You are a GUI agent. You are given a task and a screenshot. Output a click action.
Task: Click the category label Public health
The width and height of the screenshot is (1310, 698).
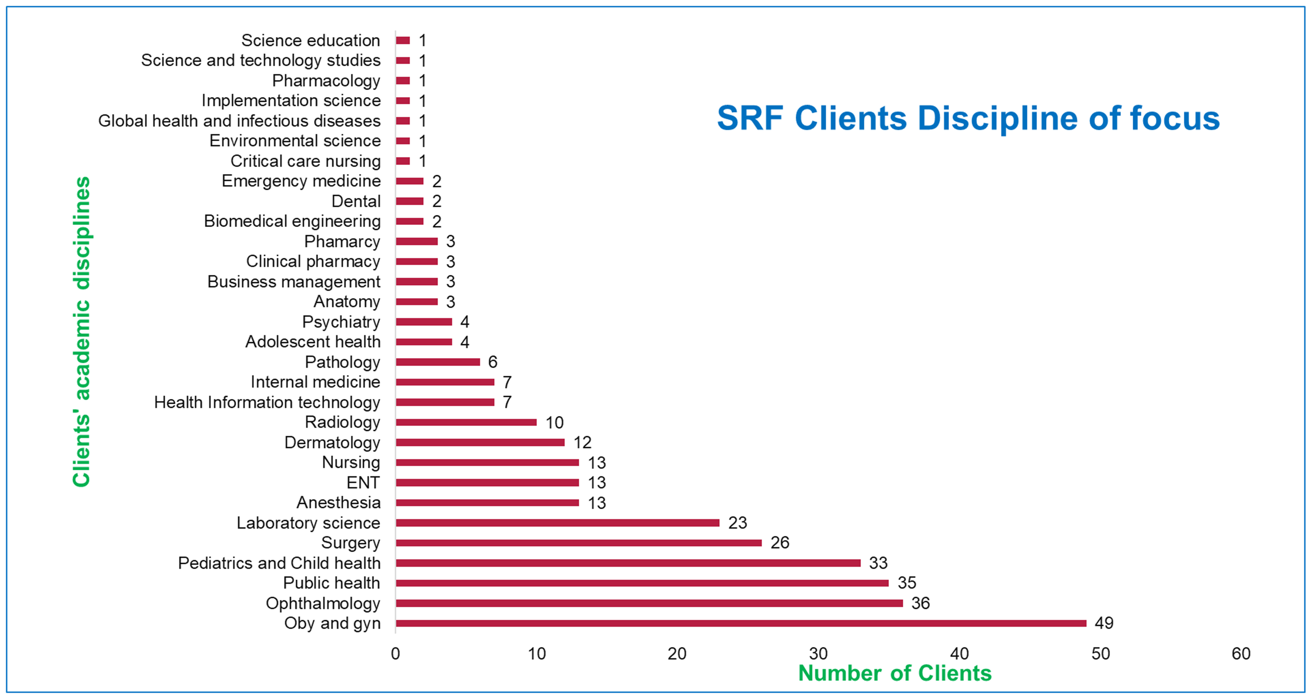point(332,583)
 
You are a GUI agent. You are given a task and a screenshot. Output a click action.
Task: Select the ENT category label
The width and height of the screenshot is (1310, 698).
point(363,482)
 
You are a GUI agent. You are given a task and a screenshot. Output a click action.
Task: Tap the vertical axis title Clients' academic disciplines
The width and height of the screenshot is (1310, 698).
point(82,332)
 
